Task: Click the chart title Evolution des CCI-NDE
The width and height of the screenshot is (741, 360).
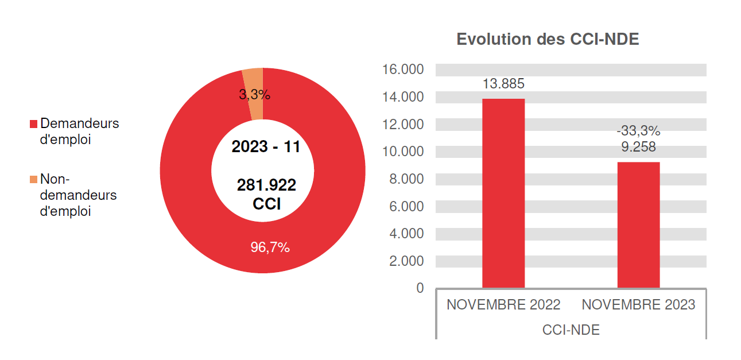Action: [x=547, y=40]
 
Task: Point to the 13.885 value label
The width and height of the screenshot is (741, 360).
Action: [x=503, y=84]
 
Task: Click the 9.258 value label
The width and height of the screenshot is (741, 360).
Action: [x=638, y=147]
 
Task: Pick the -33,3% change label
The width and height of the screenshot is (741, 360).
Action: [x=638, y=131]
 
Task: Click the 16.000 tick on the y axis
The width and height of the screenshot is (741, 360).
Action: [x=402, y=70]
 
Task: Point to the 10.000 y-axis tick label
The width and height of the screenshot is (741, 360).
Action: [x=402, y=152]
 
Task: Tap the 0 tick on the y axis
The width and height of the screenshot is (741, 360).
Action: [x=420, y=288]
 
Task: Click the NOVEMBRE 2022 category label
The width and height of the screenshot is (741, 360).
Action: [x=503, y=305]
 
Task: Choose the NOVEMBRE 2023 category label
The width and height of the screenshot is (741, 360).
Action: [x=638, y=305]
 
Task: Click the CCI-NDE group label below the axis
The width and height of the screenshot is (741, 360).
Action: [x=571, y=330]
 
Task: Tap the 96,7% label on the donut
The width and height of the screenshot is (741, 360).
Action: [x=270, y=248]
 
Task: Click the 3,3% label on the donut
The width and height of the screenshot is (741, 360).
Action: [x=254, y=95]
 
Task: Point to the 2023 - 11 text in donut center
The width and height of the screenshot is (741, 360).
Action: [x=266, y=147]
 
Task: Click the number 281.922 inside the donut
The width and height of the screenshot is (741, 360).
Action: [x=266, y=185]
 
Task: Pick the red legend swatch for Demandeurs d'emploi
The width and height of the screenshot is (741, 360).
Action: [x=33, y=124]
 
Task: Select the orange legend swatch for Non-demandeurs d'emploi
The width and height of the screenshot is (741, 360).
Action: [x=33, y=180]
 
